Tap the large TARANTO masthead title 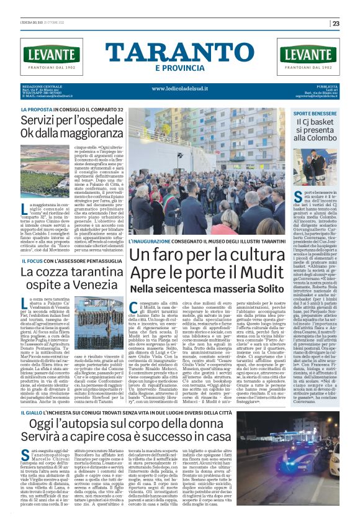(180, 52)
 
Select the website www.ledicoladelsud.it (179, 88)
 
